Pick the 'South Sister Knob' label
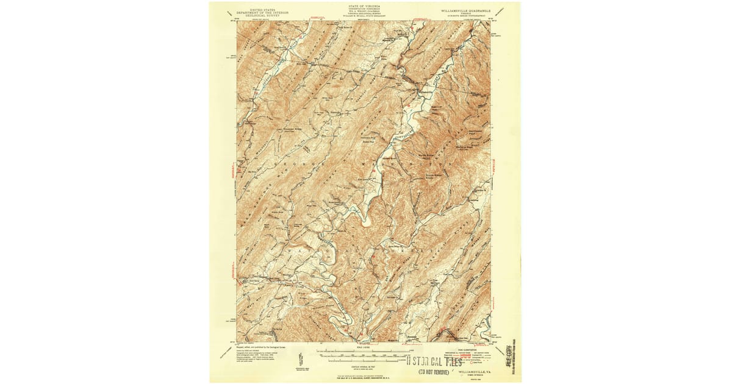click(435, 181)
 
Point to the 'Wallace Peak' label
click(467, 147)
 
